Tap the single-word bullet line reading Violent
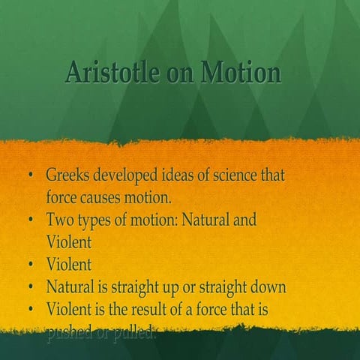tap(68, 265)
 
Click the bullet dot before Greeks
tap(31, 178)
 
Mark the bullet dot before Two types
tap(31, 221)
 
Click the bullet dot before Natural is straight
tap(31, 287)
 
